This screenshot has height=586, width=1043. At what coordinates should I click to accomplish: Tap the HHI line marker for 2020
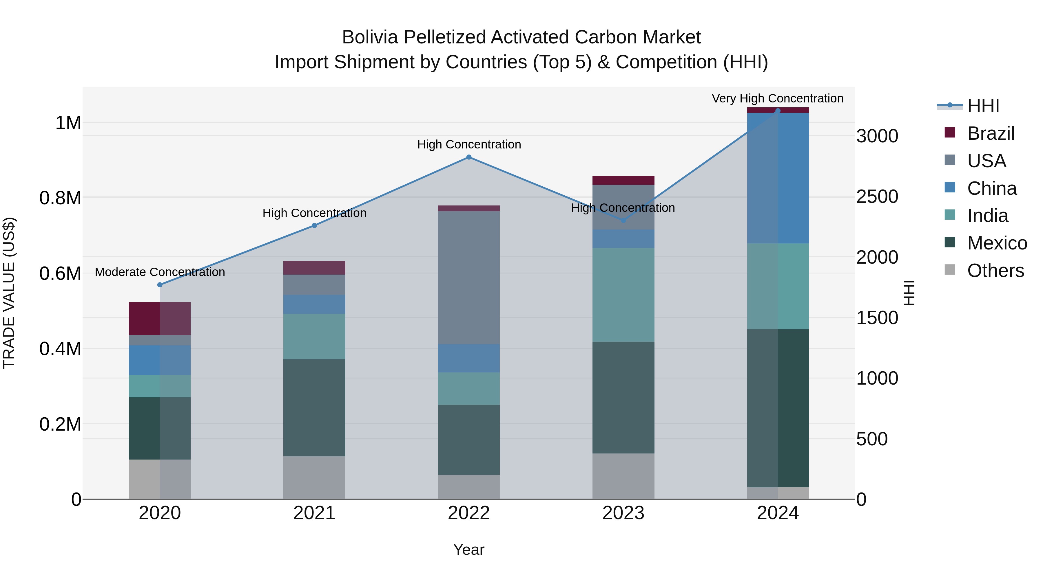(160, 285)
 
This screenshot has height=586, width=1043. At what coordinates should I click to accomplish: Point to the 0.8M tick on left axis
(60, 198)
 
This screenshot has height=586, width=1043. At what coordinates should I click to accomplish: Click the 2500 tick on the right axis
(877, 196)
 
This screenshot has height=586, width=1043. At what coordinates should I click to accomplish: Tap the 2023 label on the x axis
(623, 513)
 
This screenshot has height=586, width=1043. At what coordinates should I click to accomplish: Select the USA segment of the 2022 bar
(468, 278)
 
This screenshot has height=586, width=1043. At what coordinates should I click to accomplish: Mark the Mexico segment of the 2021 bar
(314, 408)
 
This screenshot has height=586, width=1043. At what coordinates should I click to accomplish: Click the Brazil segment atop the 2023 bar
(623, 180)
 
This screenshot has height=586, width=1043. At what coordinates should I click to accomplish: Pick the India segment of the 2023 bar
(623, 295)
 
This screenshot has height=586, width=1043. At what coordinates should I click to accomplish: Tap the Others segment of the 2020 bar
(160, 479)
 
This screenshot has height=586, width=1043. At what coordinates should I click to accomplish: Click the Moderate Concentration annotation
(160, 272)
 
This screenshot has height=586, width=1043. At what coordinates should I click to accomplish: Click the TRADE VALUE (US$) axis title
(9, 293)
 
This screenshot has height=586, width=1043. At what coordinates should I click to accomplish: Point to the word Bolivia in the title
(370, 38)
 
